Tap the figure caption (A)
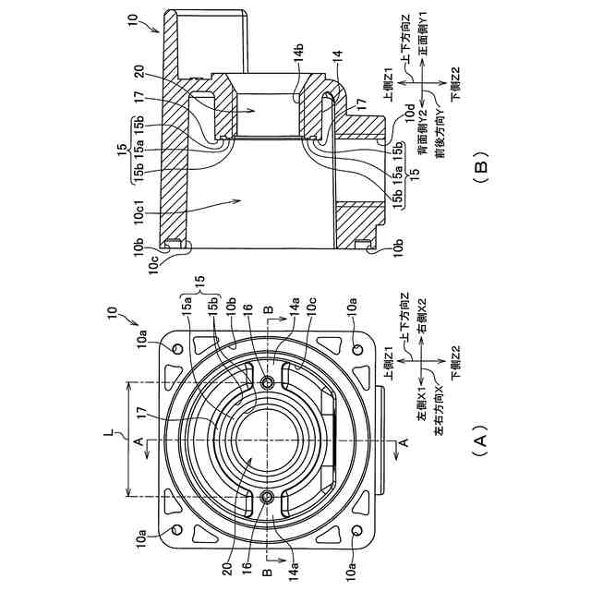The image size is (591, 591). [x=479, y=440]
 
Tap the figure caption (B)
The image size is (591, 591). [x=480, y=167]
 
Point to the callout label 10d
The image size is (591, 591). [x=410, y=113]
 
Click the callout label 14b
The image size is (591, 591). [x=297, y=55]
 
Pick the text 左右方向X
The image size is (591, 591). [x=440, y=410]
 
